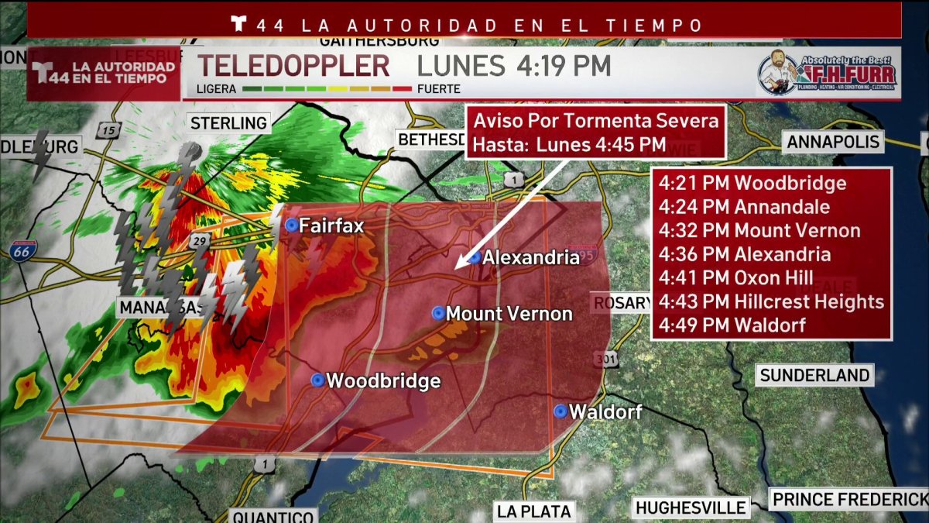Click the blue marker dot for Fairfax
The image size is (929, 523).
coord(291,225)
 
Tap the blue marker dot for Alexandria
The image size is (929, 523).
coord(475,257)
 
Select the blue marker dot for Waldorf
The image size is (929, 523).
coord(560,411)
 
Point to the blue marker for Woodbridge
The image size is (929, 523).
coord(317,380)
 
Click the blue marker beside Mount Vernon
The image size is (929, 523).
coord(438,313)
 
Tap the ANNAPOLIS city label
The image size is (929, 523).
coord(833,142)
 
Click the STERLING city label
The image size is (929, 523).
coord(228,122)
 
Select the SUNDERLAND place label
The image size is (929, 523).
coord(814,376)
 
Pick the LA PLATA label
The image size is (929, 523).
coord(533,511)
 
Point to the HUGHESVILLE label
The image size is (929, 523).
coord(691,508)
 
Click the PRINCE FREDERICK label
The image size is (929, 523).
coord(849,499)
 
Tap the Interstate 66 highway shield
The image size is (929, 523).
coord(24,249)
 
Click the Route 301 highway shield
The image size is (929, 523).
coord(606,359)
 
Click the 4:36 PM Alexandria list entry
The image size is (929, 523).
coord(745,254)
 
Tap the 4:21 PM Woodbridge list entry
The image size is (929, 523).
coord(752,184)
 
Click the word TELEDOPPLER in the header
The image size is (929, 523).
coord(294,66)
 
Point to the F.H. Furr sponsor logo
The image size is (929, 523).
coord(827,74)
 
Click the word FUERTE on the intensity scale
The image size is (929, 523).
coord(439,89)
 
